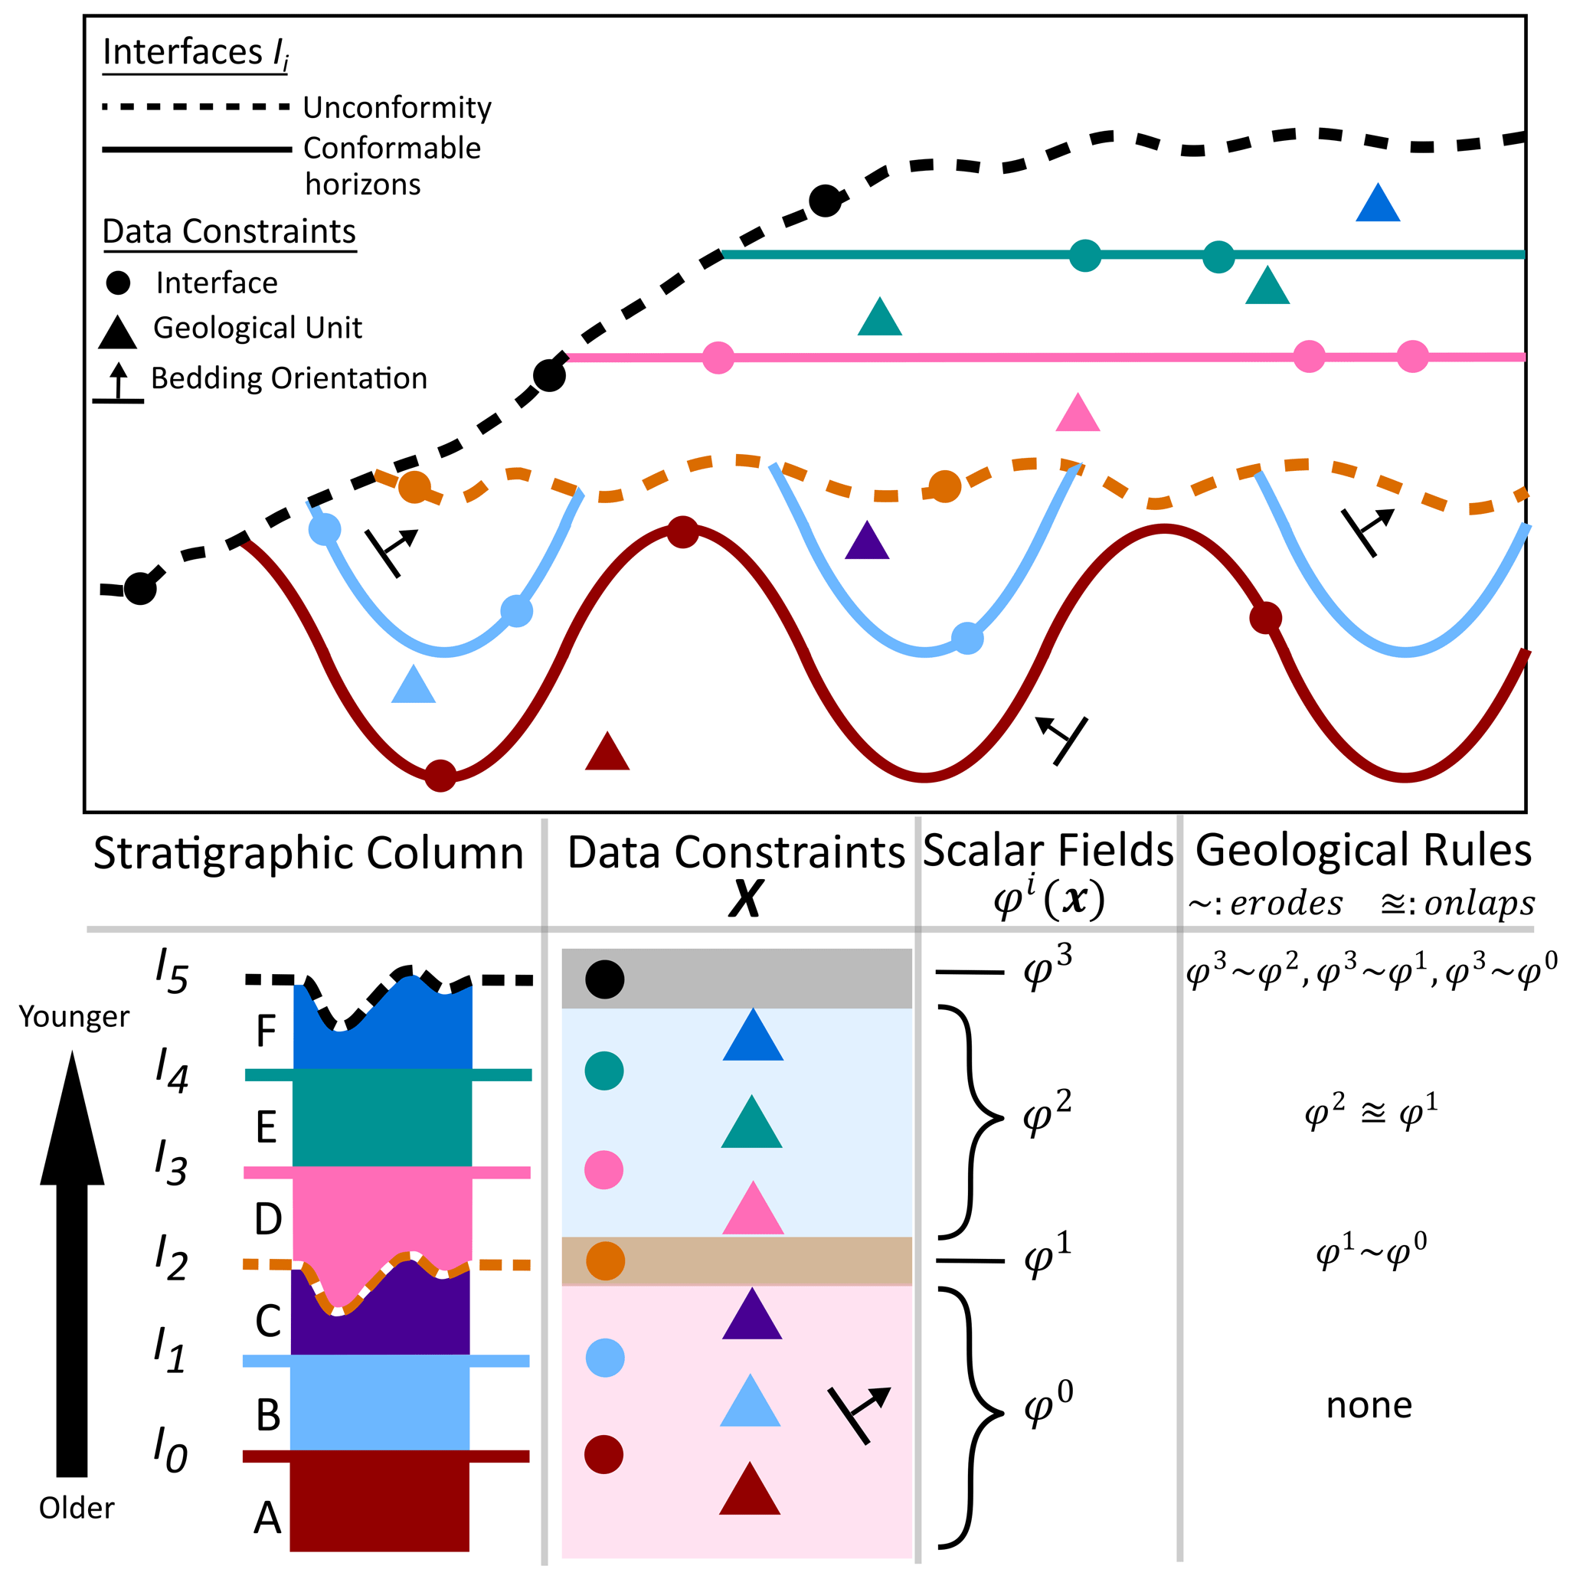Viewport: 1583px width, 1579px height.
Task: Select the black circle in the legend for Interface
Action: [119, 283]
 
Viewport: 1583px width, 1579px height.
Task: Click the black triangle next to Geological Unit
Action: [117, 332]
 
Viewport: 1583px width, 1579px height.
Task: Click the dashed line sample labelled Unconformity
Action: [196, 106]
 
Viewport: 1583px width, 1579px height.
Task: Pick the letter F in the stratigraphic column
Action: [266, 1031]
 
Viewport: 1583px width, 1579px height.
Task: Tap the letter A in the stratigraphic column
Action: [267, 1519]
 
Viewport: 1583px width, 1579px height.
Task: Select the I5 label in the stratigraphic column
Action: [172, 971]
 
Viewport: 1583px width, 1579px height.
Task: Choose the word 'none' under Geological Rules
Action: [1369, 1405]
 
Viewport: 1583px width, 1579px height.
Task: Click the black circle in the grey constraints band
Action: [605, 979]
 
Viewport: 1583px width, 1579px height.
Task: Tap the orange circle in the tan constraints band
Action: [606, 1261]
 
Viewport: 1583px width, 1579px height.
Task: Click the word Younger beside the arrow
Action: [74, 1017]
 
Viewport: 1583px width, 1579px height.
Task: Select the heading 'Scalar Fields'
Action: [1048, 851]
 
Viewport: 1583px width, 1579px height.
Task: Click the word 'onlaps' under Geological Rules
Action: [1480, 903]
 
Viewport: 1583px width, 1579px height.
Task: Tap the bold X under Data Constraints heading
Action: [746, 899]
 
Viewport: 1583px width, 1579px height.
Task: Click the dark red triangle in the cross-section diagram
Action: [607, 753]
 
